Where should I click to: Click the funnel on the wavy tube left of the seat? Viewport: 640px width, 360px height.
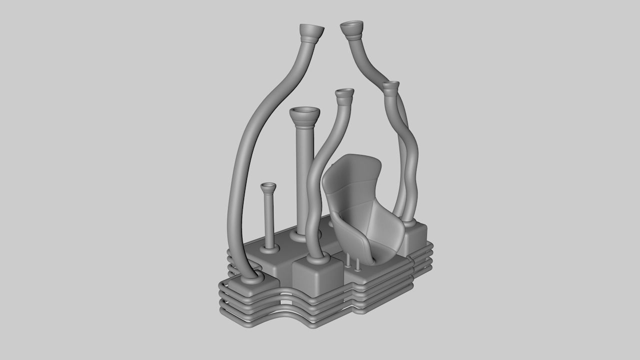point(344,95)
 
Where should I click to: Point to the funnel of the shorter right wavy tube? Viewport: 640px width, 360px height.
point(391,86)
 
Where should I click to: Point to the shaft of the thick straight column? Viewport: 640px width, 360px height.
point(304,175)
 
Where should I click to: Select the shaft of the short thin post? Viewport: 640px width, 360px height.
point(269,220)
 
